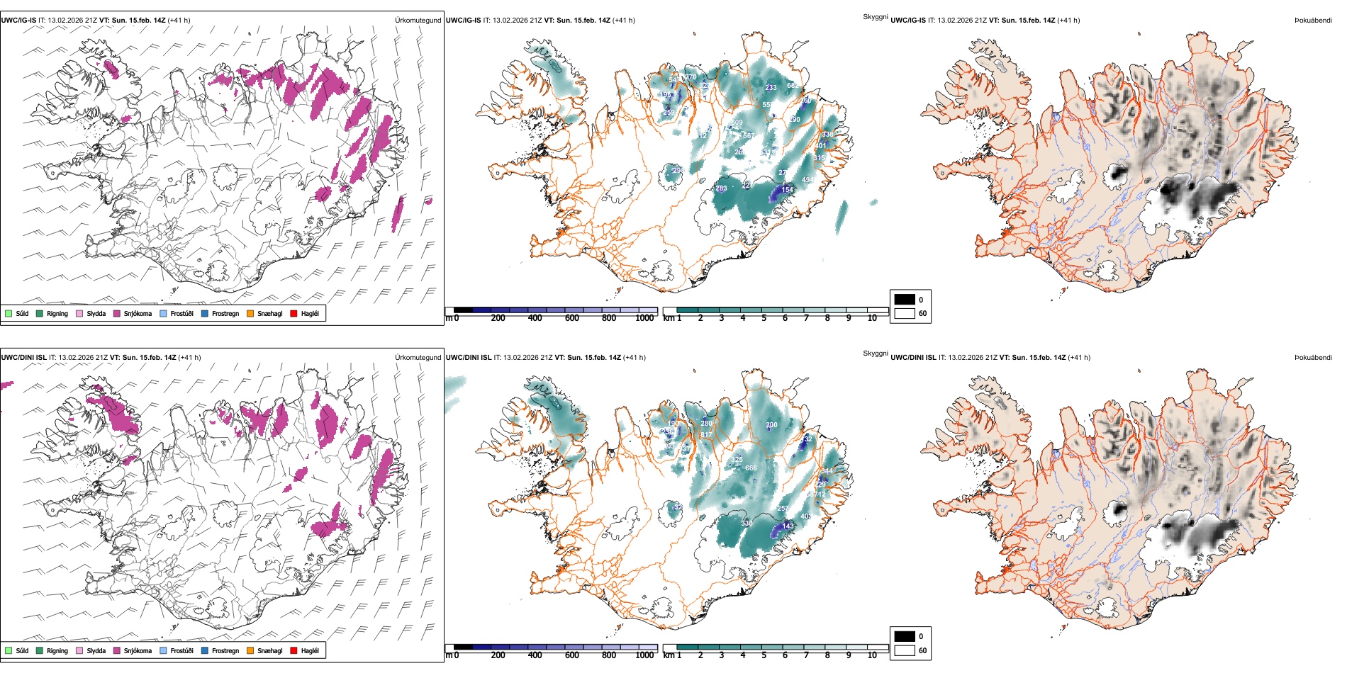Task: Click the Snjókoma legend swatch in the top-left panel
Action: [x=117, y=313]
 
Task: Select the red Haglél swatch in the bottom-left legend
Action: [x=294, y=650]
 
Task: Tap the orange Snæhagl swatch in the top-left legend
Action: [x=250, y=313]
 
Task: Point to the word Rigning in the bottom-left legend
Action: [x=57, y=650]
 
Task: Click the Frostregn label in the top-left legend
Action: [x=225, y=313]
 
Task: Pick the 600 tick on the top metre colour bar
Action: [x=572, y=318]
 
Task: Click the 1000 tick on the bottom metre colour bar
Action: [x=644, y=655]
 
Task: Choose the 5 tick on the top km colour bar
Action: [x=764, y=318]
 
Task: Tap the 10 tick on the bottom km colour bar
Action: [x=872, y=655]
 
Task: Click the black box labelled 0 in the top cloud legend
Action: [x=905, y=300]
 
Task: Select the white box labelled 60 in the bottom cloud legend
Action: [x=905, y=650]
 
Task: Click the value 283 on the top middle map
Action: [x=721, y=188]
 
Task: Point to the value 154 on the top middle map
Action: [x=787, y=190]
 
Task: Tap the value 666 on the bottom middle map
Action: [x=751, y=468]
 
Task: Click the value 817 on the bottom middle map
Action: [x=706, y=435]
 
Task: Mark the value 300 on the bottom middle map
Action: [x=771, y=425]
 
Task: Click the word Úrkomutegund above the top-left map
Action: [x=418, y=21]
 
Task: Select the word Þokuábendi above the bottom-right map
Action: [x=1313, y=357]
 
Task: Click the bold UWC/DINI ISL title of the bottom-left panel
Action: [x=23, y=357]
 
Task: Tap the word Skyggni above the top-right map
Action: [x=876, y=16]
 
